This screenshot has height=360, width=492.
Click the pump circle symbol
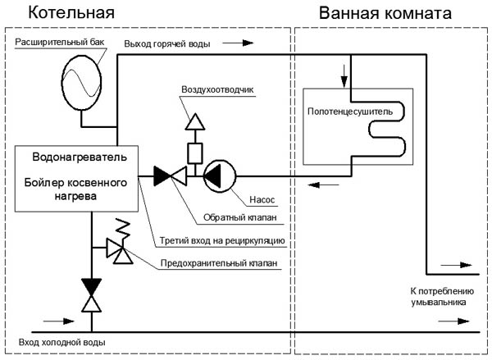point(219,174)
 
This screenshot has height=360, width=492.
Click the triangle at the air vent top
point(194,121)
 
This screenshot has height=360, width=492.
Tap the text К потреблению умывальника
point(437,296)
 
